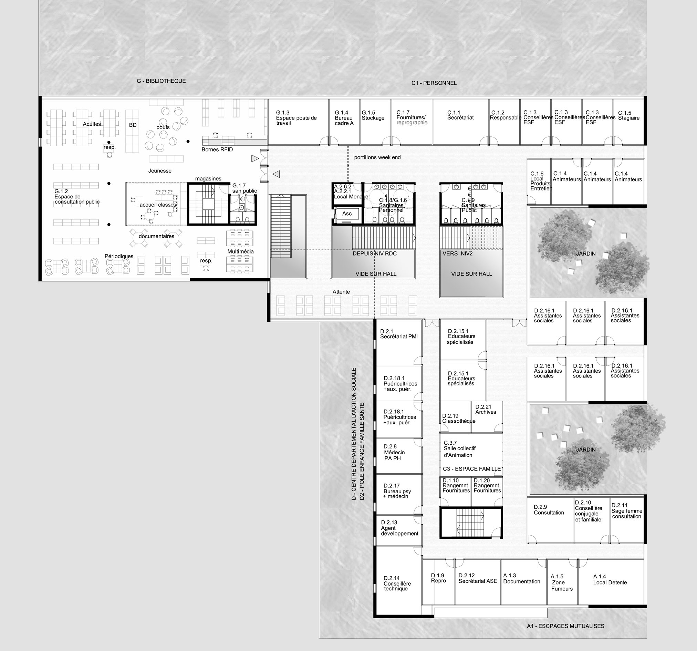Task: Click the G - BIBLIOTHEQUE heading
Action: (x=161, y=81)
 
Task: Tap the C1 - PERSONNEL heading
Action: (x=434, y=83)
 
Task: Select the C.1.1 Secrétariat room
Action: (x=460, y=122)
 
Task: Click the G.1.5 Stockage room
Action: (x=375, y=122)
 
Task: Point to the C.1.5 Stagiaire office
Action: (x=628, y=122)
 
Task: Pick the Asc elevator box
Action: (x=347, y=214)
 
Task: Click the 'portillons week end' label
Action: (x=377, y=157)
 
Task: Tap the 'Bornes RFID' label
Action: (x=217, y=149)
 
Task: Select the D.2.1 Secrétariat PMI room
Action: (x=399, y=342)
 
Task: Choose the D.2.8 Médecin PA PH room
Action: (x=399, y=456)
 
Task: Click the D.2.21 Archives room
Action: (x=487, y=417)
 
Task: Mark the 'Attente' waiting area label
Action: (x=341, y=292)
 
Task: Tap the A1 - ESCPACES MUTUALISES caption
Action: (x=565, y=626)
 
